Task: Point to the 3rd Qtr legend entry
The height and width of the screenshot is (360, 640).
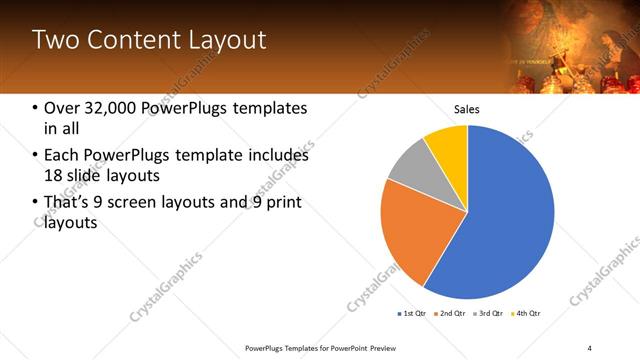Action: coord(490,314)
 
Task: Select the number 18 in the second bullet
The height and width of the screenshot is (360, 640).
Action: coord(56,176)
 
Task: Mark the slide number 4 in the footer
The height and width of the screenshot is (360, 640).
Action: coord(590,346)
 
